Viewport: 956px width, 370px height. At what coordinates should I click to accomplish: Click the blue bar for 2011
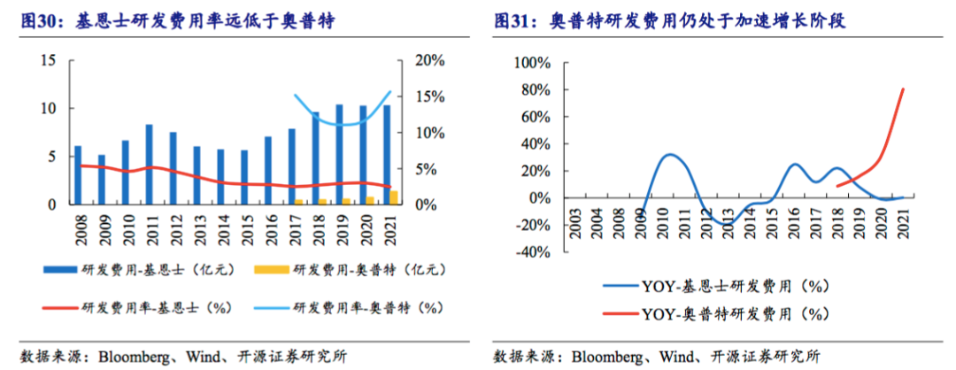(149, 165)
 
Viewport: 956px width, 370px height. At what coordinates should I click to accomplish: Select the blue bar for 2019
(339, 155)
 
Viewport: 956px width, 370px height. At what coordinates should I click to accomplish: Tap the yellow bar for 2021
(394, 197)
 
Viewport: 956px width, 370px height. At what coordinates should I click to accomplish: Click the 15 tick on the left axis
(49, 60)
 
